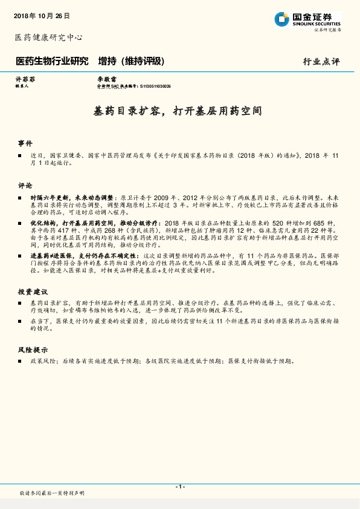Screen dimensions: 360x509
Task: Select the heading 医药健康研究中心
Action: pos(48,37)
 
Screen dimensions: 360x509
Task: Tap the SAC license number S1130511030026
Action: pos(155,86)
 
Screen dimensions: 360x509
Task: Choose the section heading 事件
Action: pos(25,143)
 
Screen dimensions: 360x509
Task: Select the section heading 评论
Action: pos(25,185)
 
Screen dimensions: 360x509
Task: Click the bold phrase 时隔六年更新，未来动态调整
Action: pos(74,198)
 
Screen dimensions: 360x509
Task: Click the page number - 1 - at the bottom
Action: pos(179,487)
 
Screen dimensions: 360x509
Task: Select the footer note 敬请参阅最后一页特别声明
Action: pos(52,494)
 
